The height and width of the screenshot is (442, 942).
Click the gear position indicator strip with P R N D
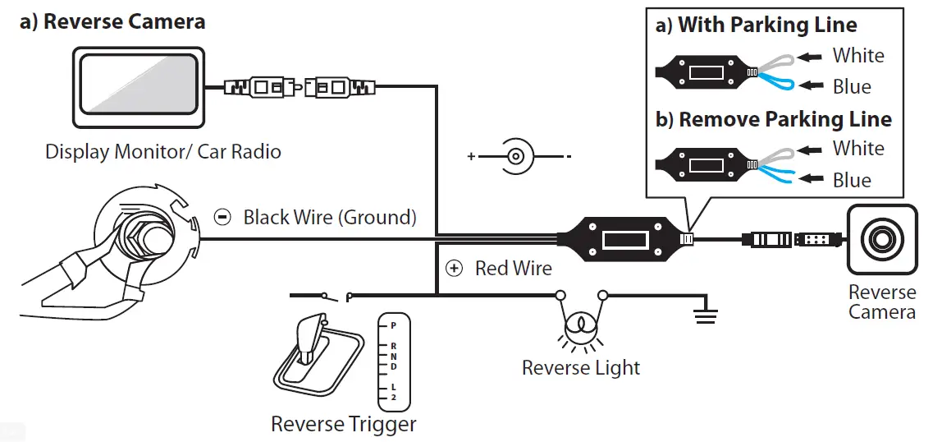[x=393, y=362]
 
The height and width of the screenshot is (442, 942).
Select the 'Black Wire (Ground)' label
[x=330, y=218]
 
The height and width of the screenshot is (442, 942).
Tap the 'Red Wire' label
[x=513, y=268]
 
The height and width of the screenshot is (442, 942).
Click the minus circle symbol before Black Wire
[x=222, y=218]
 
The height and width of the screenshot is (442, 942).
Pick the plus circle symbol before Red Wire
[x=454, y=268]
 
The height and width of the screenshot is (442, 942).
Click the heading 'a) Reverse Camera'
[x=112, y=21]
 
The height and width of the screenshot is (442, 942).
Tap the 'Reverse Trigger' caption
[x=344, y=424]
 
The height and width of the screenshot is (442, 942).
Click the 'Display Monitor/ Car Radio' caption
[x=162, y=151]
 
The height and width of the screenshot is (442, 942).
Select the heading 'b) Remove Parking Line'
[x=773, y=119]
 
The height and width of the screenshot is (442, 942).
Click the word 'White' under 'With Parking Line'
[x=858, y=56]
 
